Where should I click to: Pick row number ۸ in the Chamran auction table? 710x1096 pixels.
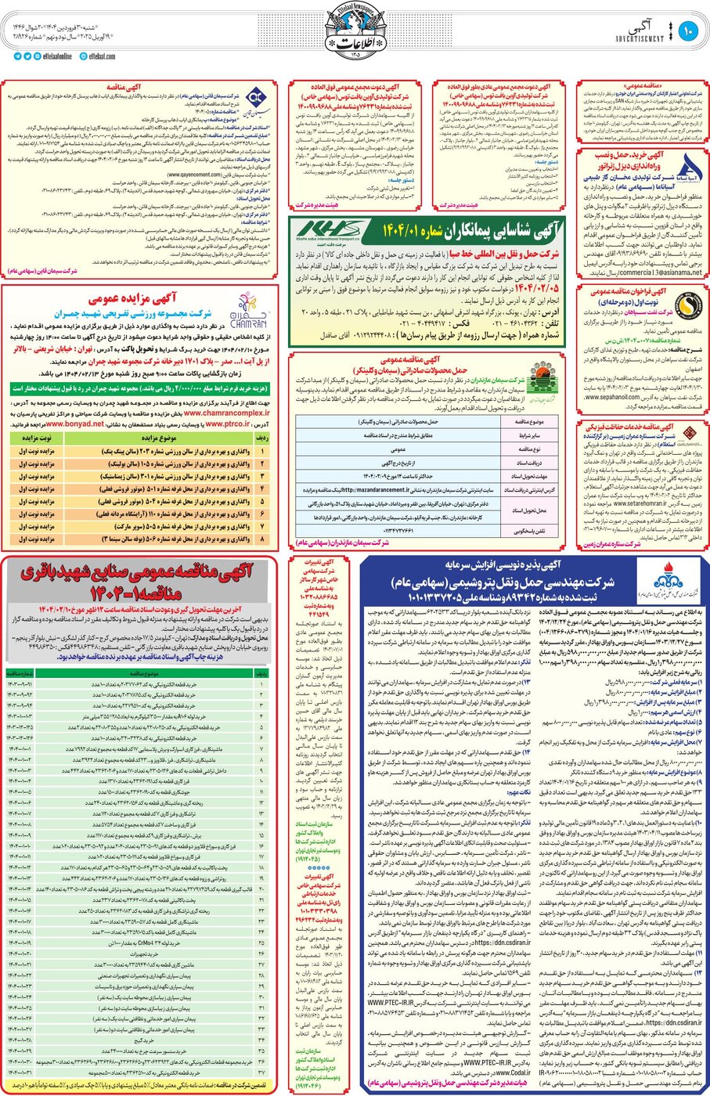(263, 539)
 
